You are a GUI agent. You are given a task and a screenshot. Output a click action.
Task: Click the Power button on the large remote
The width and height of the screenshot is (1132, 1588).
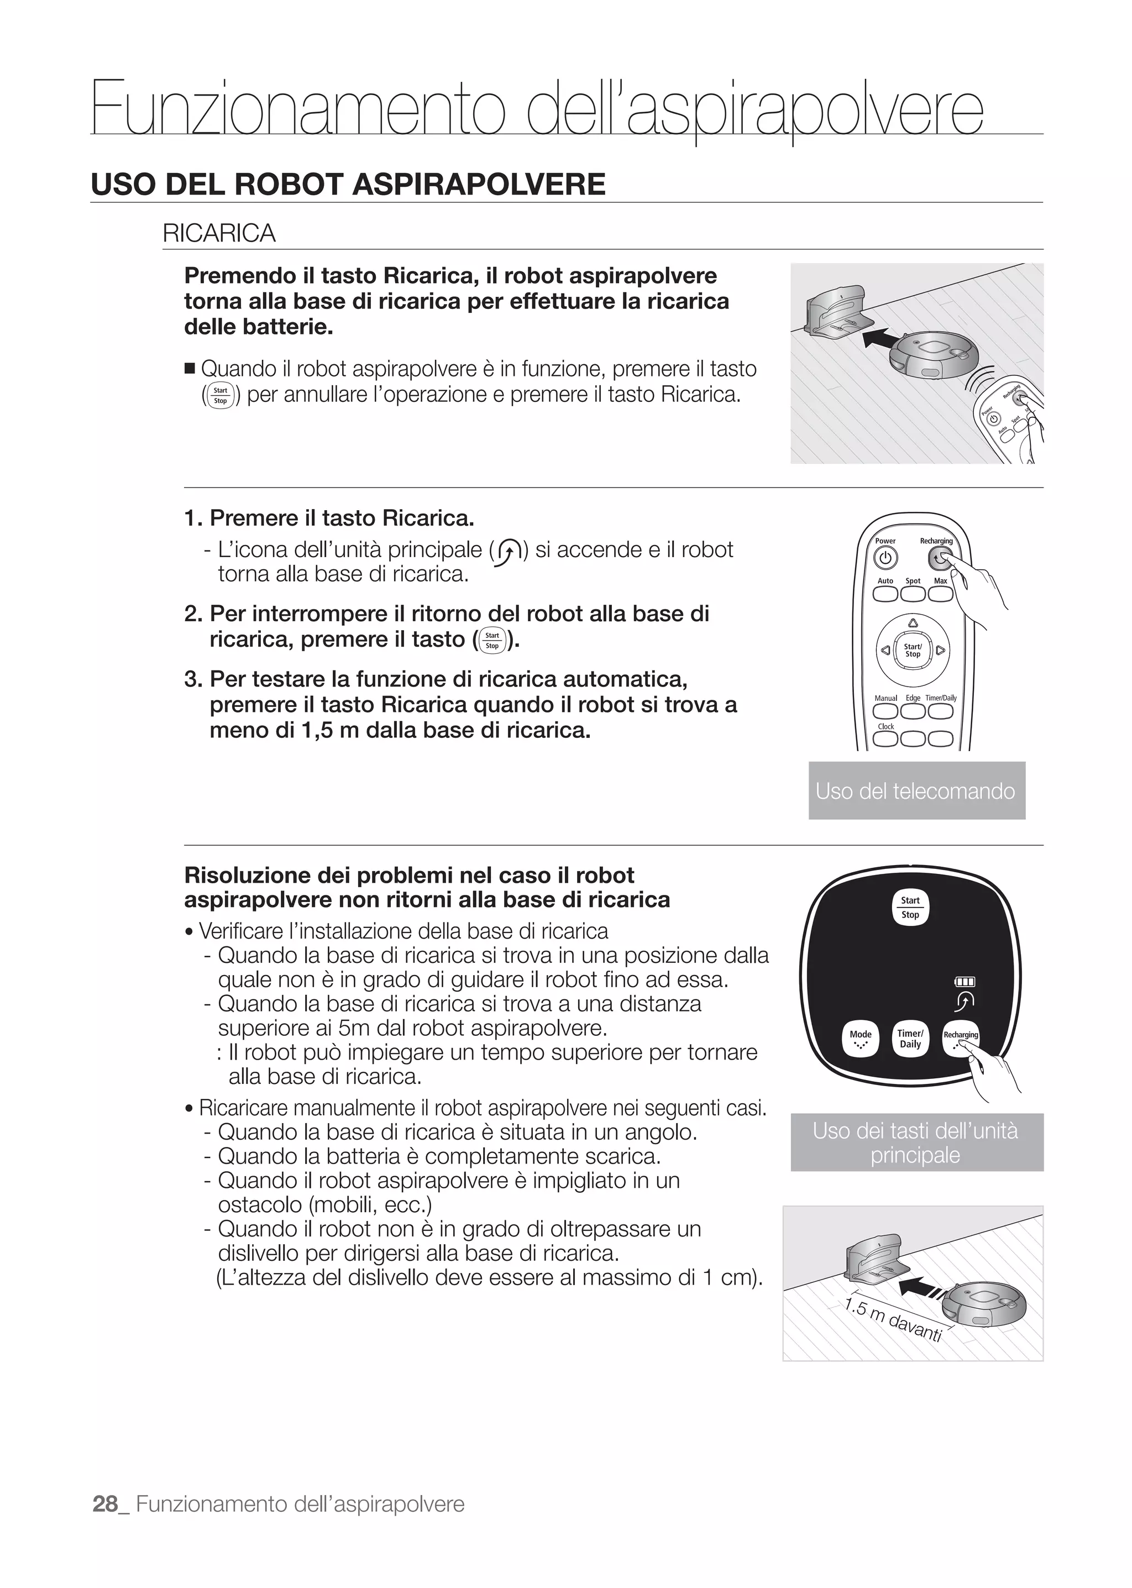[884, 558]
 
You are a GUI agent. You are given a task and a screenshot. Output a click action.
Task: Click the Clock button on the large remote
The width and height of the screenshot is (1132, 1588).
[885, 739]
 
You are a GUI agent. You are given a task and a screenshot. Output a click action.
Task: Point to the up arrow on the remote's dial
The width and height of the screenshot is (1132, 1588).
[913, 622]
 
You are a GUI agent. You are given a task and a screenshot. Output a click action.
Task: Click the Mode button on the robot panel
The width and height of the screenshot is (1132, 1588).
[860, 1039]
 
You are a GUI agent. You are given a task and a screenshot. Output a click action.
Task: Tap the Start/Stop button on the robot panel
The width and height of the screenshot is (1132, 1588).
[910, 907]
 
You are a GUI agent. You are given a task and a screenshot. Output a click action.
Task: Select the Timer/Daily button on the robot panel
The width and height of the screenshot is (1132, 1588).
[910, 1039]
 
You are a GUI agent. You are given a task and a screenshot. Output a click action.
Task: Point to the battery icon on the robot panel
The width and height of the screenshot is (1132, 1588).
[965, 982]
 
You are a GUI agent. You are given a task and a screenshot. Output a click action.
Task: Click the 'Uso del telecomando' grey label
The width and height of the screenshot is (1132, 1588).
[916, 790]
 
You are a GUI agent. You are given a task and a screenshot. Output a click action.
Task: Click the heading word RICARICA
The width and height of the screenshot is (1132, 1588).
[219, 233]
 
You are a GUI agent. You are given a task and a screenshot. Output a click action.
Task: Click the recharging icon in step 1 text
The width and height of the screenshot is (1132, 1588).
[508, 551]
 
